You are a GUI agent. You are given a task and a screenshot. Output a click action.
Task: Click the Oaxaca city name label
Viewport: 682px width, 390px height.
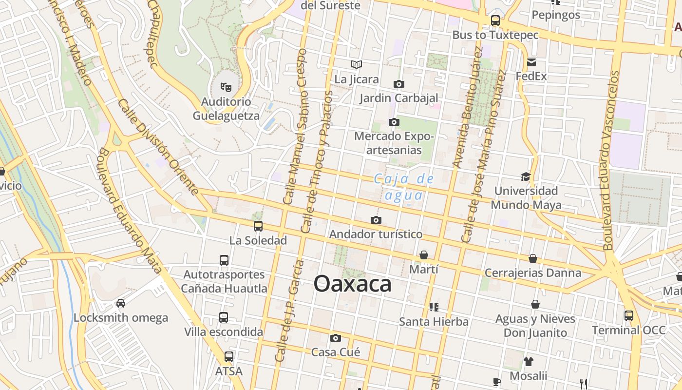click(352, 284)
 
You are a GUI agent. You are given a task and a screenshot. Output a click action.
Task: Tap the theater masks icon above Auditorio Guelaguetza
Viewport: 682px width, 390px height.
click(226, 87)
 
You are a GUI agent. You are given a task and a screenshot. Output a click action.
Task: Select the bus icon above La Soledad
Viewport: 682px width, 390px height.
click(258, 226)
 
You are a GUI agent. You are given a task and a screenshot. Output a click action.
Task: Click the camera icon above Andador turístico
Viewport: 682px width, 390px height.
click(376, 220)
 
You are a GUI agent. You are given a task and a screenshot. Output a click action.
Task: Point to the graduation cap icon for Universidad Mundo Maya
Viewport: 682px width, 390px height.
click(526, 176)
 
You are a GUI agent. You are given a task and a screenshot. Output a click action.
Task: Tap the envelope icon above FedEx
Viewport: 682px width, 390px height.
click(531, 62)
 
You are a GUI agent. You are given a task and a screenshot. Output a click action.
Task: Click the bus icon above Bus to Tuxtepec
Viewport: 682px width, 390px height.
click(495, 20)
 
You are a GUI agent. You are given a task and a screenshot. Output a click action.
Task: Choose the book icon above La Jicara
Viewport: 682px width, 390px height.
click(357, 64)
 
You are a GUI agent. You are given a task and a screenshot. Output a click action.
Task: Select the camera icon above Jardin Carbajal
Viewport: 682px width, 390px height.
click(399, 84)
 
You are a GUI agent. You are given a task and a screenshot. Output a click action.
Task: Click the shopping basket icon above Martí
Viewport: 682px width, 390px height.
click(424, 255)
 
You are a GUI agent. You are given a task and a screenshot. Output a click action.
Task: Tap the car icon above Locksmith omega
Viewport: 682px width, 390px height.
click(121, 303)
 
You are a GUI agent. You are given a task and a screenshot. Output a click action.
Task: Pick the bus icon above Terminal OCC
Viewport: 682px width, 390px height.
click(629, 316)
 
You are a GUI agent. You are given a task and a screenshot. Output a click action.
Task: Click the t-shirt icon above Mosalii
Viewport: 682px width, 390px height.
click(529, 362)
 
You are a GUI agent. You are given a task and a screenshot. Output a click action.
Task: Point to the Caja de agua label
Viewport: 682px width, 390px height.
click(404, 187)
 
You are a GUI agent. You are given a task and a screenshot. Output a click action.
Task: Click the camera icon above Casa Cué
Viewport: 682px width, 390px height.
click(335, 338)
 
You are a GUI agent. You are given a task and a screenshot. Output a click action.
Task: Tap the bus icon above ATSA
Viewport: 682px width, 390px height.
click(229, 357)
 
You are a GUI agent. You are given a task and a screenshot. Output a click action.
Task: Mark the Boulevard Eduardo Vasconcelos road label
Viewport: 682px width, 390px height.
click(609, 161)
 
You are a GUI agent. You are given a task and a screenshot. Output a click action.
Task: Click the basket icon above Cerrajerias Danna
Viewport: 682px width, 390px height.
click(533, 258)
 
